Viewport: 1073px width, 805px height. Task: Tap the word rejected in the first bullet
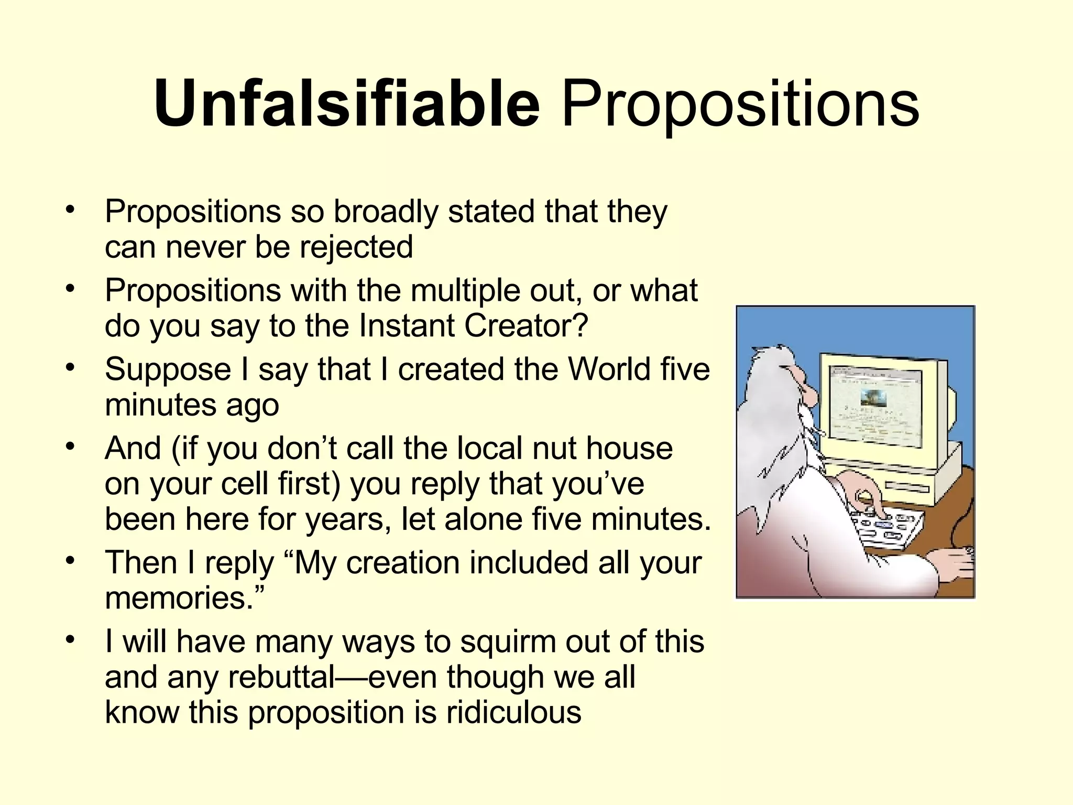tap(356, 247)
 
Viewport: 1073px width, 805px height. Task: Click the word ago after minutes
tap(252, 406)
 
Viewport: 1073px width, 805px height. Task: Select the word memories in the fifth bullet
tap(179, 598)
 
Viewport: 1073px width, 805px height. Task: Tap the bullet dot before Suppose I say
tap(71, 367)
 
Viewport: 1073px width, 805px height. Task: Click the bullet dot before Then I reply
tap(71, 561)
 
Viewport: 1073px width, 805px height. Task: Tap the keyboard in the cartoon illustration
tap(885, 527)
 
